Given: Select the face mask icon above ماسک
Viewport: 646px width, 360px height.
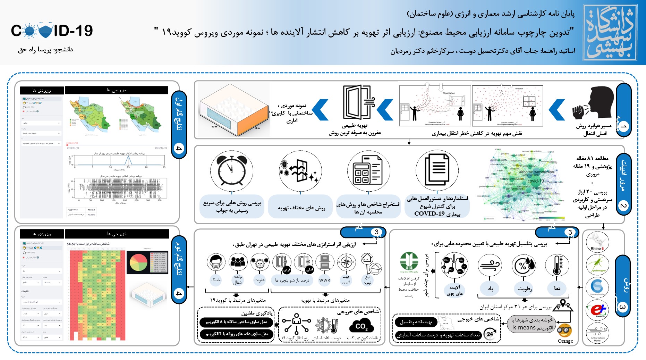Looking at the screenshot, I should (216, 262).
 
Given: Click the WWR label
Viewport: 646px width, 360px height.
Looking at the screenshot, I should (324, 280).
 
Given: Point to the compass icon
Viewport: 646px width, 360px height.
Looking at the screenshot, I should (346, 262).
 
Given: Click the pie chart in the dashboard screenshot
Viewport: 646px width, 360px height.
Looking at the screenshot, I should (138, 263).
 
